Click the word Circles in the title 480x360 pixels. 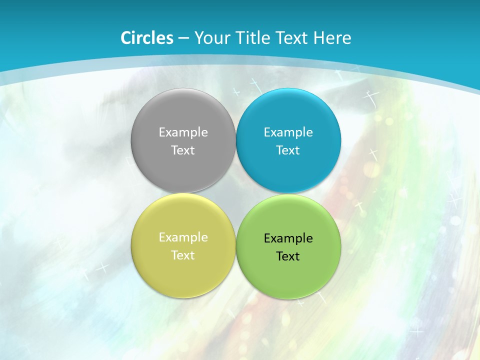(x=147, y=38)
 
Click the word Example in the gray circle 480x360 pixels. (x=183, y=132)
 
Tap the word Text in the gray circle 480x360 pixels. (x=183, y=150)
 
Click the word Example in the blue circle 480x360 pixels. (x=288, y=132)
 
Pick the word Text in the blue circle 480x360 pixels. (x=288, y=150)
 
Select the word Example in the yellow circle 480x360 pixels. (x=183, y=237)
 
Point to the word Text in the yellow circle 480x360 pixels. (x=183, y=255)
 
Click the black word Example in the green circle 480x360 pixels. (x=288, y=238)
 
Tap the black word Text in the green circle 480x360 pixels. (x=288, y=256)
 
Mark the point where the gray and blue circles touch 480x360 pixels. (x=236, y=140)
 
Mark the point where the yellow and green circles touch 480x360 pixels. (x=236, y=245)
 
